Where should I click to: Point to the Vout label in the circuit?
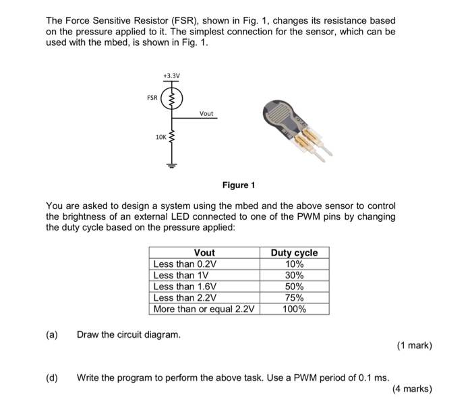click(x=206, y=113)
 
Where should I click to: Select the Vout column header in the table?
click(x=204, y=253)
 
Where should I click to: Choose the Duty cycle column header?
click(x=294, y=253)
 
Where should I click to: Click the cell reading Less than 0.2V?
click(x=185, y=264)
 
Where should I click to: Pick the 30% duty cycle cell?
click(x=294, y=276)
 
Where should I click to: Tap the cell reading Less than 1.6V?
click(x=185, y=287)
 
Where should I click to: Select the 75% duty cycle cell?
click(x=294, y=298)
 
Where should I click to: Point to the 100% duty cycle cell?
click(x=294, y=309)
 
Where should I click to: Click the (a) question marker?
click(x=51, y=335)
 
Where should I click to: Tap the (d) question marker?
click(x=51, y=377)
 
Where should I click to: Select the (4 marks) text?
click(x=411, y=389)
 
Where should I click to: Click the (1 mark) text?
click(x=414, y=347)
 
